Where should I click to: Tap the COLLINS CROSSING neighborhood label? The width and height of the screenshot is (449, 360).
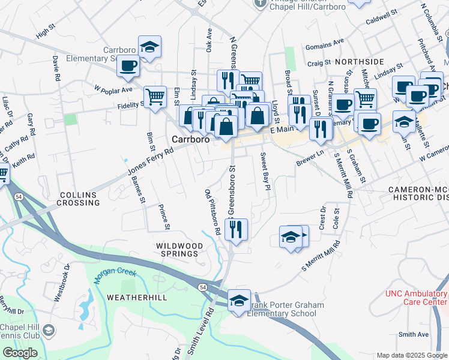[79, 199]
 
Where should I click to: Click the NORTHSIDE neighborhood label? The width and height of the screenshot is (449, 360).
[359, 62]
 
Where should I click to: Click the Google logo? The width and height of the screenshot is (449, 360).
[20, 353]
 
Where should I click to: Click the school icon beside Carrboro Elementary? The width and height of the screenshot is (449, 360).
[149, 46]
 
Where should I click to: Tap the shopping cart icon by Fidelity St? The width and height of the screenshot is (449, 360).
[155, 95]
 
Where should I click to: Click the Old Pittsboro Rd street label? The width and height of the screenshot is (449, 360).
[212, 212]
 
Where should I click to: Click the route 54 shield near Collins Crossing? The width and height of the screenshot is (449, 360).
[20, 197]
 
